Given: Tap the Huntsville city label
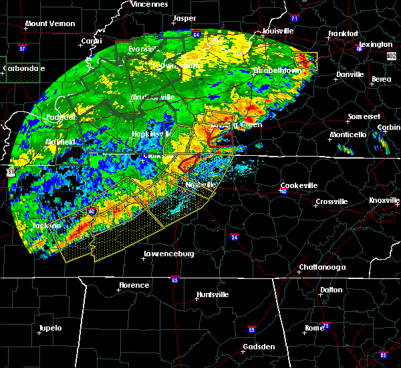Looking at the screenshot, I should [212, 295].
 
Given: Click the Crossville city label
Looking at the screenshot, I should [331, 201].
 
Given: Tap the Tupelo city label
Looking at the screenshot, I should [49, 328].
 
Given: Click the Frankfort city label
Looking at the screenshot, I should [344, 34].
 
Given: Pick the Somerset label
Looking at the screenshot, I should [363, 117].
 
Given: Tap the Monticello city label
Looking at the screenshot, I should [348, 134].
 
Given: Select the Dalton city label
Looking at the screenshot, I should [330, 290].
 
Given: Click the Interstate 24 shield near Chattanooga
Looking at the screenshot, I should [234, 237].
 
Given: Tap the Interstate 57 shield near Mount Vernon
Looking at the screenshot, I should [22, 50].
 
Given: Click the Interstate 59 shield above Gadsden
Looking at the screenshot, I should [251, 329].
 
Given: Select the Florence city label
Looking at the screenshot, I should [134, 285].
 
